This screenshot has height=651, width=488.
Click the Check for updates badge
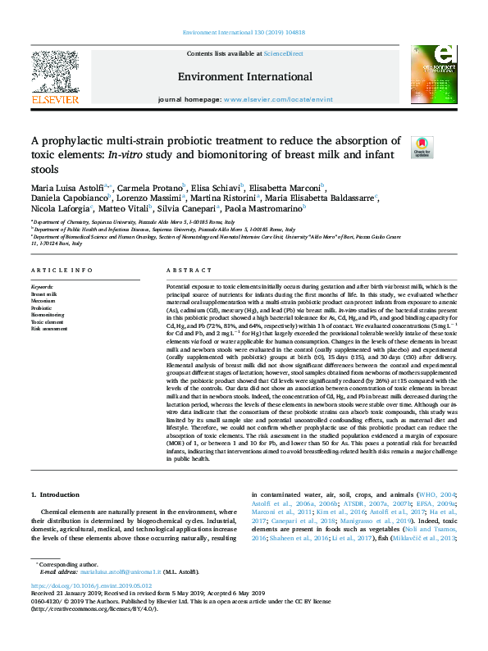(x=422, y=147)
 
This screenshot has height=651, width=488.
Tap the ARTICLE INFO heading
(x=57, y=270)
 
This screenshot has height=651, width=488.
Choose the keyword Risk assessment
(x=49, y=329)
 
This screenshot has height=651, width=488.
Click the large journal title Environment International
(x=244, y=77)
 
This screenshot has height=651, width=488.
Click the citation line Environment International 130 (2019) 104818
(x=243, y=33)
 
